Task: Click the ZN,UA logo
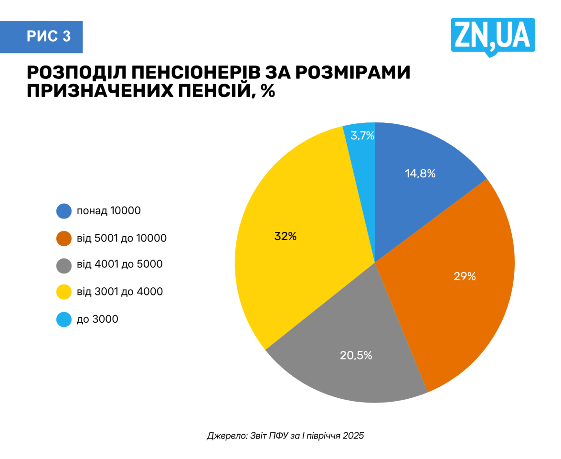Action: [x=493, y=36]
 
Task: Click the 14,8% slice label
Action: [x=420, y=174]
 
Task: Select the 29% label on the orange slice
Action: [x=465, y=276]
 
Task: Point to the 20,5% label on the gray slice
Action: [x=356, y=355]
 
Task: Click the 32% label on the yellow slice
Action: [x=285, y=236]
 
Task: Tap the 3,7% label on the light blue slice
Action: [x=362, y=136]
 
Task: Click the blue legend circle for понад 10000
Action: [x=64, y=211]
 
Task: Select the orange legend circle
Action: [x=64, y=238]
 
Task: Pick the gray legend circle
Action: [x=64, y=265]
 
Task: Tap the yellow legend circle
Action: [x=64, y=292]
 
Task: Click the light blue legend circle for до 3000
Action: [x=64, y=319]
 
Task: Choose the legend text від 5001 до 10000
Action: [x=121, y=238]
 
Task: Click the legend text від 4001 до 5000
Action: [x=119, y=264]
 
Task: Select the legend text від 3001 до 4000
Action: [x=119, y=291]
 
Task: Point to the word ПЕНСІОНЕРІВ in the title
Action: [x=196, y=73]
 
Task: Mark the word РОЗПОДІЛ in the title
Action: [x=76, y=73]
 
